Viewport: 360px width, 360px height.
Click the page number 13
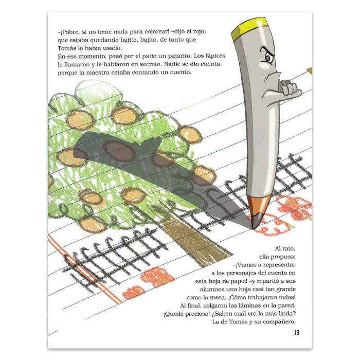[297, 332]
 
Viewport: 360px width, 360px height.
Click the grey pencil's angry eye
[268, 58]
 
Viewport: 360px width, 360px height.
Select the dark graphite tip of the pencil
[256, 221]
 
